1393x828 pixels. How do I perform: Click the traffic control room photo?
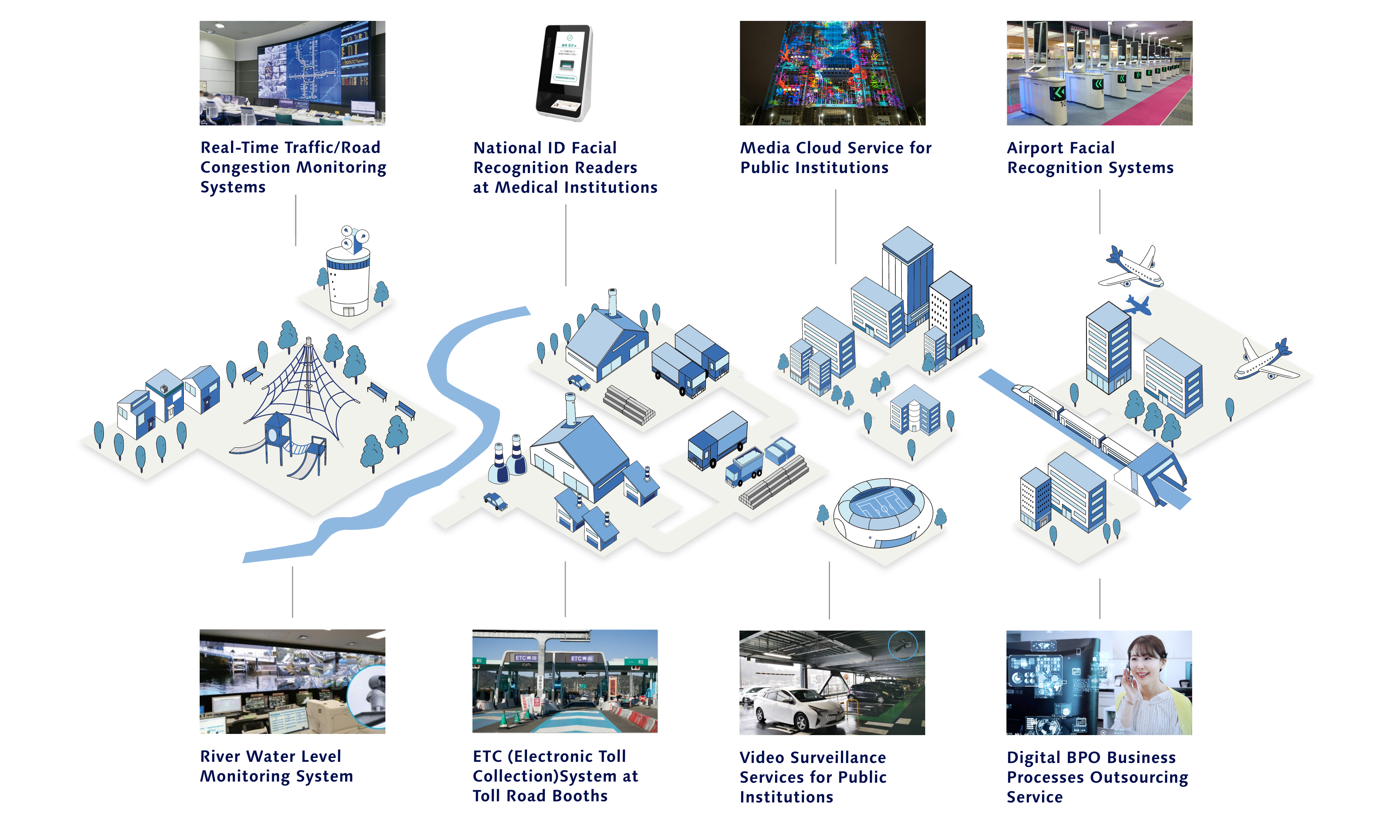pyautogui.click(x=292, y=73)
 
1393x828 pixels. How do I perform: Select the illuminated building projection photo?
pyautogui.click(x=832, y=73)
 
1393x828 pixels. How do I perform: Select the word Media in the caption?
pyautogui.click(x=763, y=148)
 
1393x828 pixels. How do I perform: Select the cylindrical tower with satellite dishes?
pyautogui.click(x=348, y=279)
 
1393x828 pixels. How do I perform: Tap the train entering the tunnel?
pyautogui.click(x=1076, y=424)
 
